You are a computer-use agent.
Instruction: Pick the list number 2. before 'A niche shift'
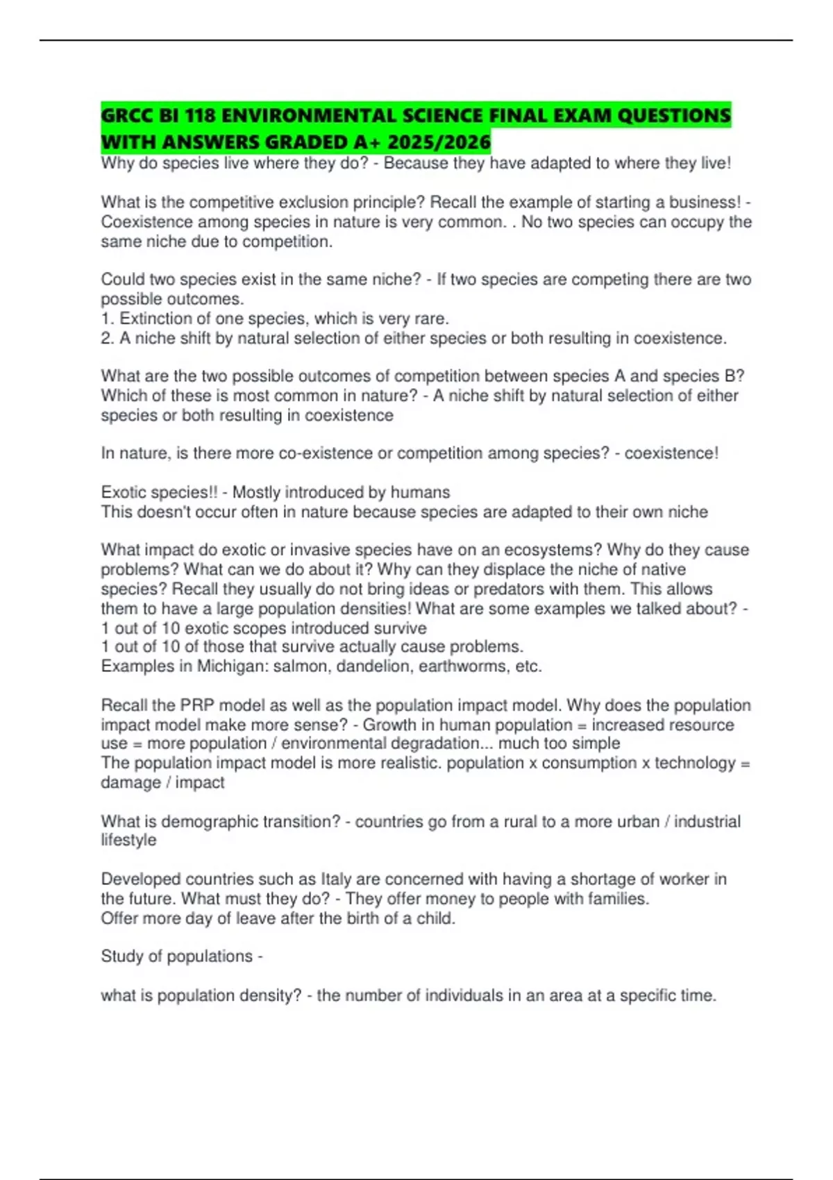pos(108,338)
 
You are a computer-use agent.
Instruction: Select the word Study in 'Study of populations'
pos(122,956)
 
